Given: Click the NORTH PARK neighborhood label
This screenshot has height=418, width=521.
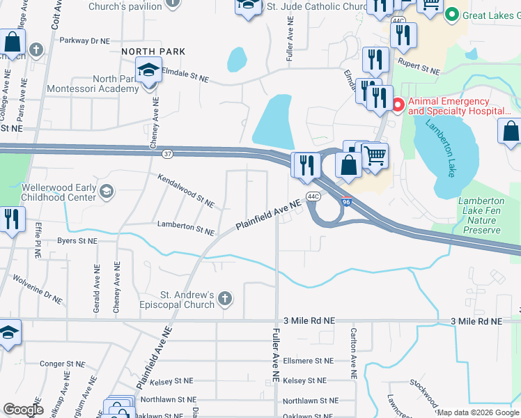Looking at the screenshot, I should pos(153,52).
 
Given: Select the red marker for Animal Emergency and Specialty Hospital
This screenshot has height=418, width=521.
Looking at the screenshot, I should pos(398,105).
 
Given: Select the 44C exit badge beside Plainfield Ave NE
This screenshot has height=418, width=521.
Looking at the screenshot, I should pos(313,196).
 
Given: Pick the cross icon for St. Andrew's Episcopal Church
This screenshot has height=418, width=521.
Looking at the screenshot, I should pos(224,299).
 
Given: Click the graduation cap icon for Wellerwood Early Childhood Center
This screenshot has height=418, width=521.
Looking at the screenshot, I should pos(106,191).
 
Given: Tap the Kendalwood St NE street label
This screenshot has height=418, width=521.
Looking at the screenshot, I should pos(185,191).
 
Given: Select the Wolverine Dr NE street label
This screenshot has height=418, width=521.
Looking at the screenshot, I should pos(38,287).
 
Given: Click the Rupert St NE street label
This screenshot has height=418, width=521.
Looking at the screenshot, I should pos(419,67).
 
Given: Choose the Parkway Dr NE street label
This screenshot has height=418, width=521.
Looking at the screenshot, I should pos(85,41).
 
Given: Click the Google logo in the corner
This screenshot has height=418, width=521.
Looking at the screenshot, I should pos(23,410).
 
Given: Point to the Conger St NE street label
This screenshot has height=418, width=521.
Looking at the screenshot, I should pos(61,364).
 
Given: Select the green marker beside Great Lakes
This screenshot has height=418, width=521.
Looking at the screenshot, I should pos(452,15).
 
